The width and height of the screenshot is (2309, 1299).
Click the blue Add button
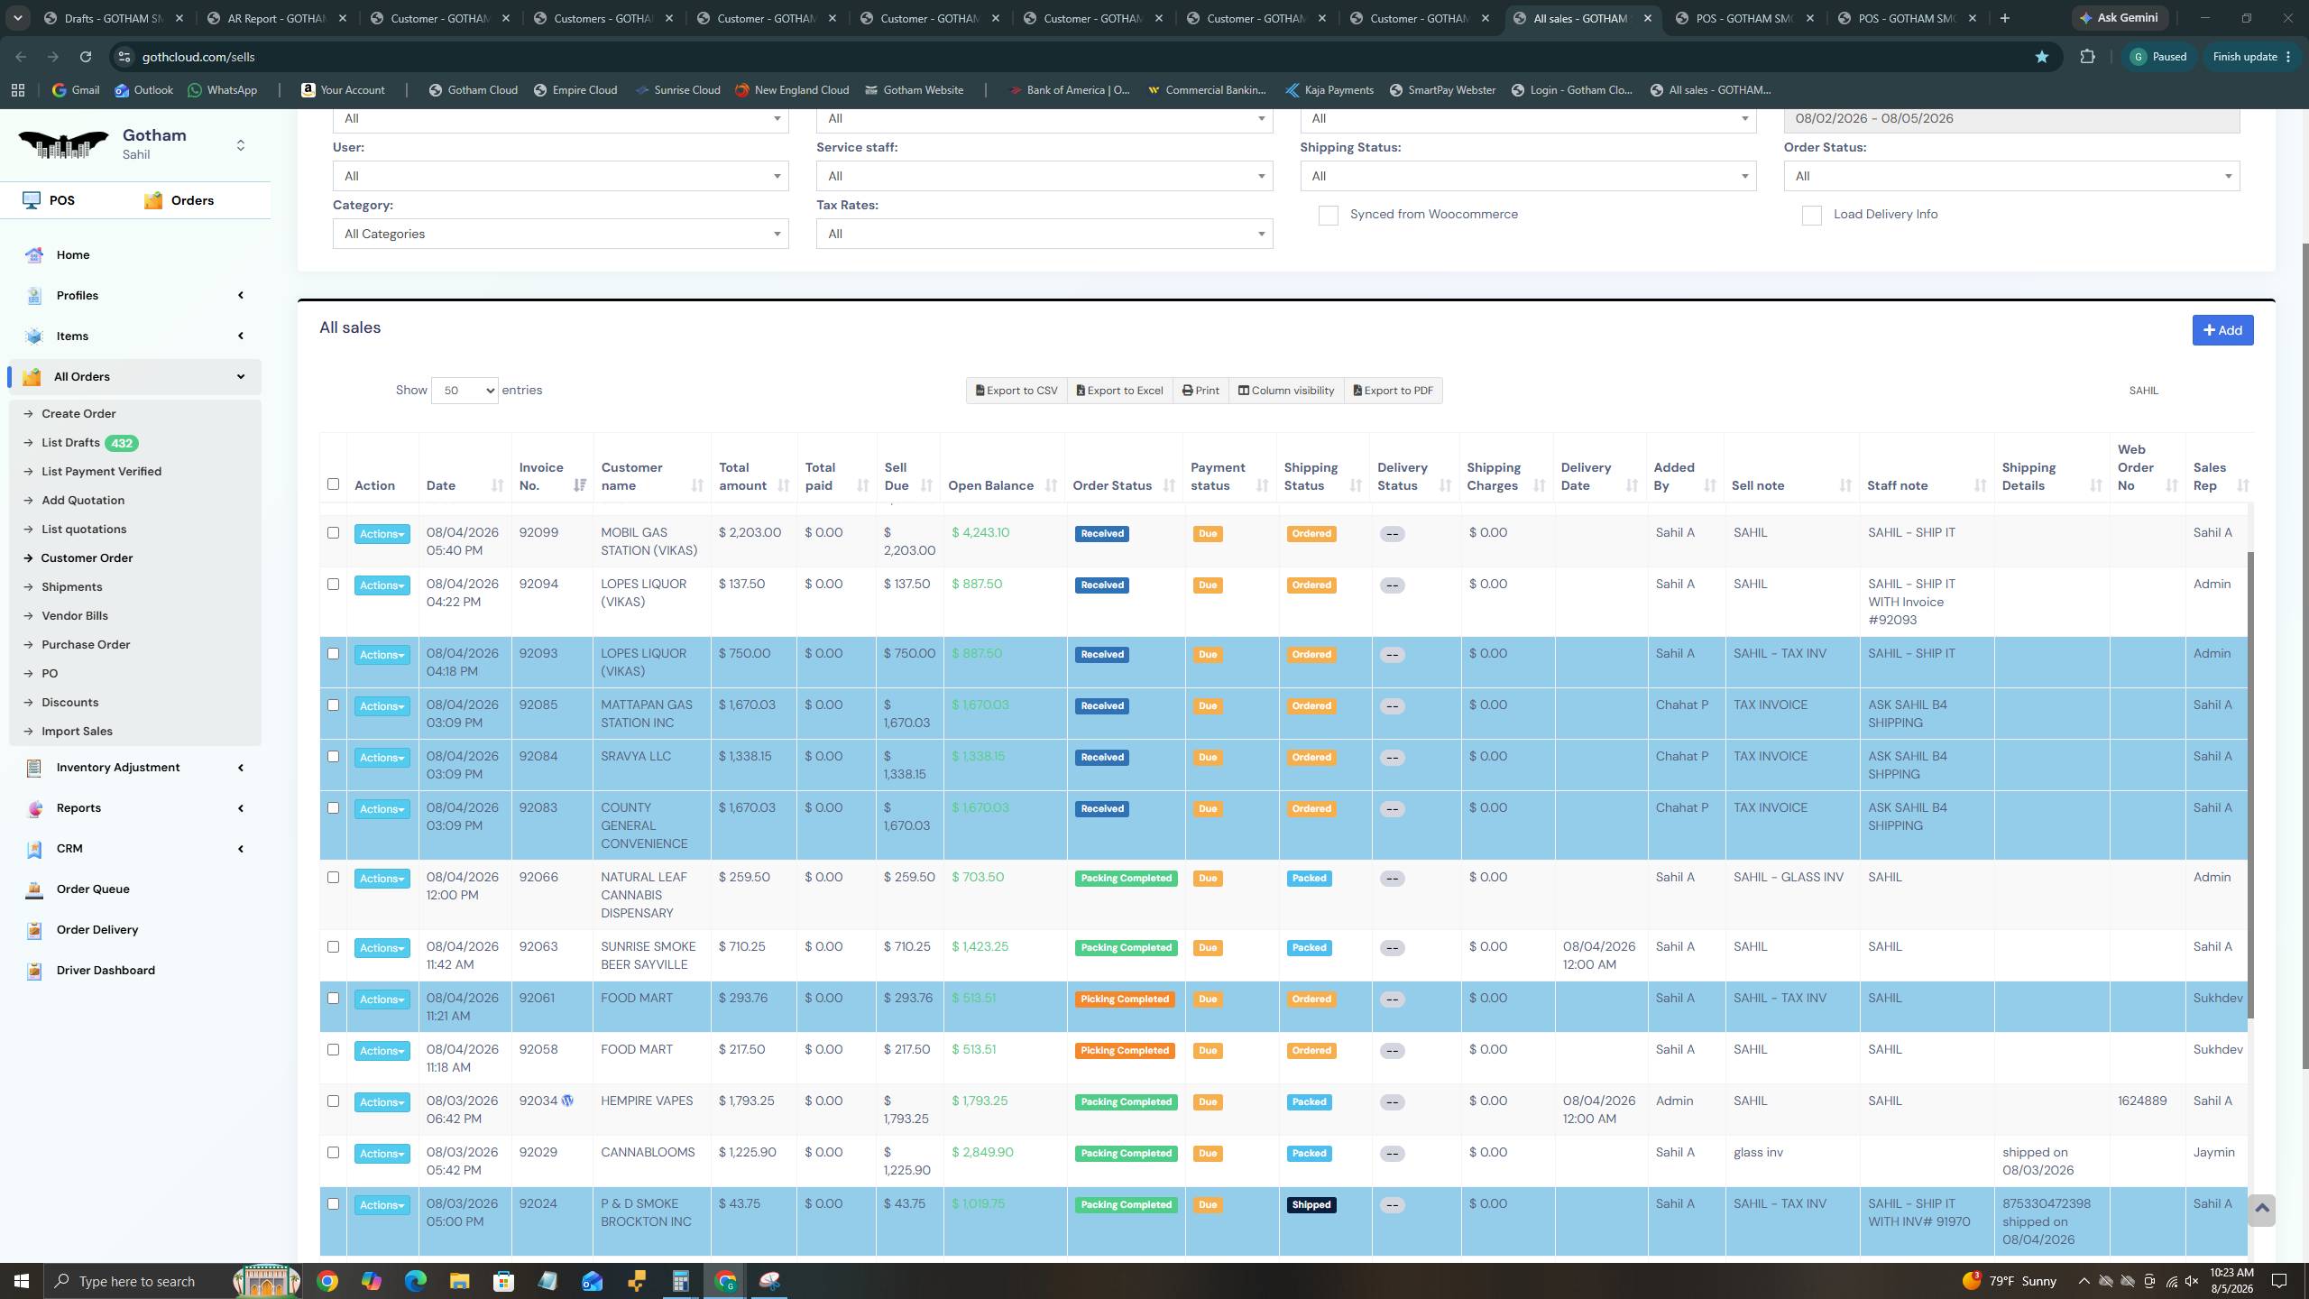tap(2222, 330)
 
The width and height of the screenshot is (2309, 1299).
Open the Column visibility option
tap(1285, 391)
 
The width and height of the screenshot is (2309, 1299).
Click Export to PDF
tap(1393, 391)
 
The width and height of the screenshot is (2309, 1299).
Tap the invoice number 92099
tap(538, 532)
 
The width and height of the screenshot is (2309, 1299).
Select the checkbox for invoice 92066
tap(333, 877)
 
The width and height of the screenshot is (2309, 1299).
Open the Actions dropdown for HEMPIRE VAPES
tap(382, 1102)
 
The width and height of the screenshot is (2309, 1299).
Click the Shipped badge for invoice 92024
tap(1311, 1205)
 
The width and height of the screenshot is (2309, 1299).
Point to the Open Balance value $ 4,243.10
tap(980, 532)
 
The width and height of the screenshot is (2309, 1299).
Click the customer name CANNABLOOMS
tap(648, 1152)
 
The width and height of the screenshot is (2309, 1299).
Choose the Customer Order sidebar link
tap(87, 557)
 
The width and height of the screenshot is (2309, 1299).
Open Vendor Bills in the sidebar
tap(75, 615)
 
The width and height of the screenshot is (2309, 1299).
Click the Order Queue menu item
tap(93, 889)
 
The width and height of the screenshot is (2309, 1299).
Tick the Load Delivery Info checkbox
tap(1811, 215)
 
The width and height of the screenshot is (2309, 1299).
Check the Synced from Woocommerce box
tap(1328, 215)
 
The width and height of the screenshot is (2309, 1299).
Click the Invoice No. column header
tap(541, 476)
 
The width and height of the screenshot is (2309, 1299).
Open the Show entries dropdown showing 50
tap(465, 391)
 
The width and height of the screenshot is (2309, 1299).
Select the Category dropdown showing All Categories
tap(560, 234)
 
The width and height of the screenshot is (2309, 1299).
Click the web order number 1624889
tap(2142, 1101)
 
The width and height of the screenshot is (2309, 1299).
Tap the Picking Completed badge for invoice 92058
tap(1124, 1051)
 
